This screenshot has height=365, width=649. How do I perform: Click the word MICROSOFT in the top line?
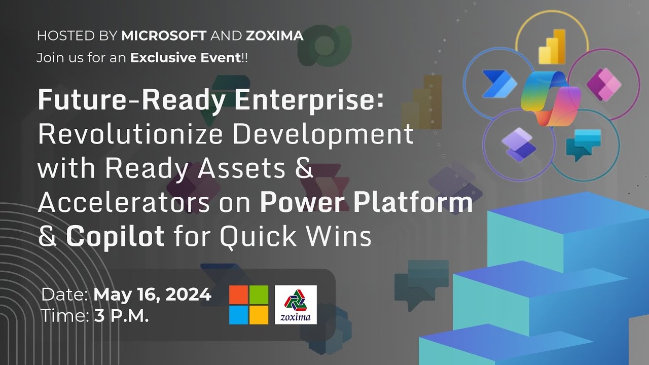coord(164,35)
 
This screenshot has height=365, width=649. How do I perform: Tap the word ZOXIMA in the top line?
coord(274,35)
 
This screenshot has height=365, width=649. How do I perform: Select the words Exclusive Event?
coord(185,58)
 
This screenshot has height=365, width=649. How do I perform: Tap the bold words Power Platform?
coord(366,202)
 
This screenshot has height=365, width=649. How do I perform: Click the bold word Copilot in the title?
coord(116,236)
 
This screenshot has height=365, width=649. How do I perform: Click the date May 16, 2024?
coord(153,294)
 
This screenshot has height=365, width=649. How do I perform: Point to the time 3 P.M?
coord(121,316)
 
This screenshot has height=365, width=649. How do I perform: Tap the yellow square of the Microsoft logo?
coord(259,315)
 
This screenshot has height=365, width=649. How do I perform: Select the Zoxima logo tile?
coord(296,305)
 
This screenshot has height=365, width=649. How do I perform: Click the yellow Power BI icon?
coord(551,46)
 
